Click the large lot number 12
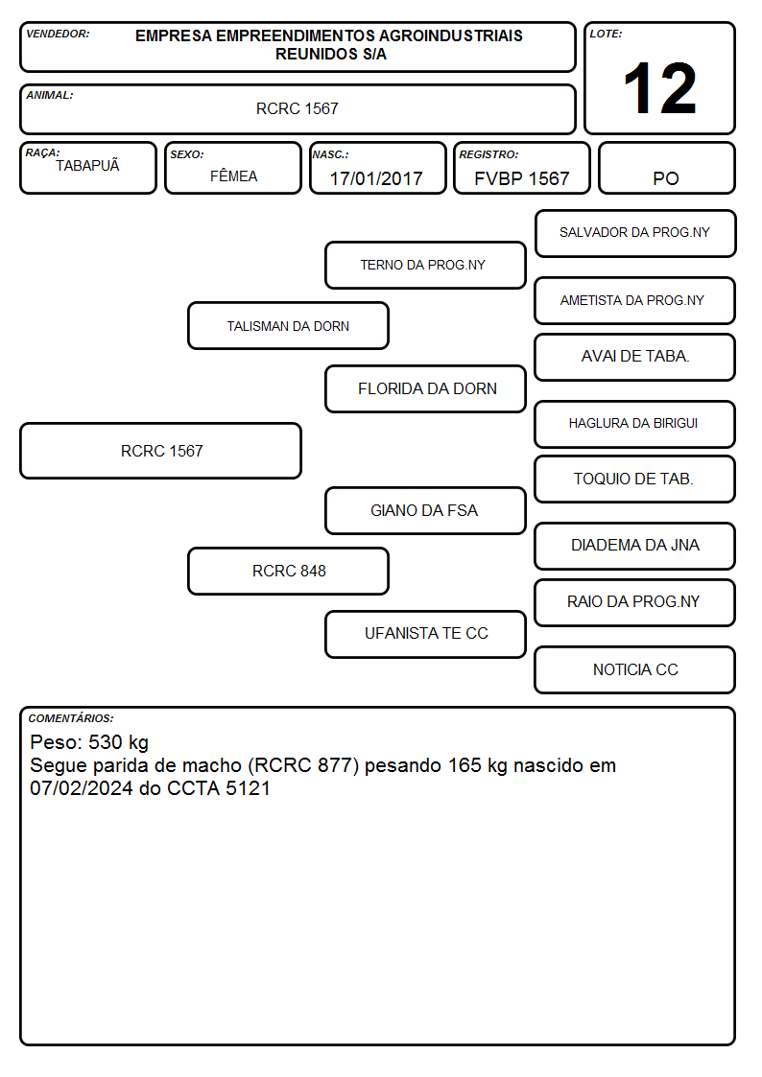[659, 88]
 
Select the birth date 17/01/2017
[376, 178]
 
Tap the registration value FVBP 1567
[521, 178]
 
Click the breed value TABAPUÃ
[87, 165]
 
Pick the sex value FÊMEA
[233, 176]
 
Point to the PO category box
[666, 168]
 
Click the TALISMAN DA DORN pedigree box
[288, 325]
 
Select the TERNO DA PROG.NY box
[425, 265]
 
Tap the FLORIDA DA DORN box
[425, 388]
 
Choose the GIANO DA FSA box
[425, 510]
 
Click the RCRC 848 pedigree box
[288, 571]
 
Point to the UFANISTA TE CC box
[425, 634]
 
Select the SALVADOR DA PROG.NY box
[635, 234]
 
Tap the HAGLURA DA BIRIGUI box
[635, 424]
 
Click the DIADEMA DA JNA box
[635, 546]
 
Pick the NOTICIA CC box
[635, 669]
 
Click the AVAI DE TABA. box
[635, 357]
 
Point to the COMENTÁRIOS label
[71, 718]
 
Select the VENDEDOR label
[58, 34]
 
